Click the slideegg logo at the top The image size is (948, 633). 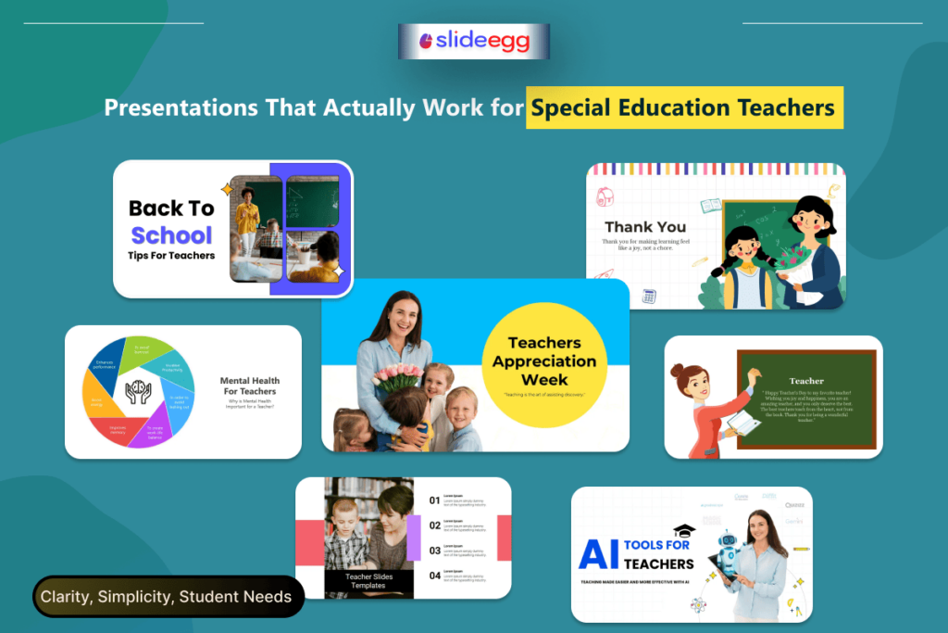(473, 41)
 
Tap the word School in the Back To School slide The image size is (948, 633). (171, 234)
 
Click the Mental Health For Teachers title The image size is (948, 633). (249, 386)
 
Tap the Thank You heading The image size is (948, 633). (645, 226)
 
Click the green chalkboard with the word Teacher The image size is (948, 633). (805, 399)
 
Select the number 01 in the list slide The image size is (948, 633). (434, 500)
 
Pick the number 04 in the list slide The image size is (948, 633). (434, 576)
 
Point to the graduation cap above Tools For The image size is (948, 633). (683, 531)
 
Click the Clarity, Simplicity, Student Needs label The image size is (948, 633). (166, 597)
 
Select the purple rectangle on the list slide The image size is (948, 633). (414, 538)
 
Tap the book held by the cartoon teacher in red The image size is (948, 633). (742, 424)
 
